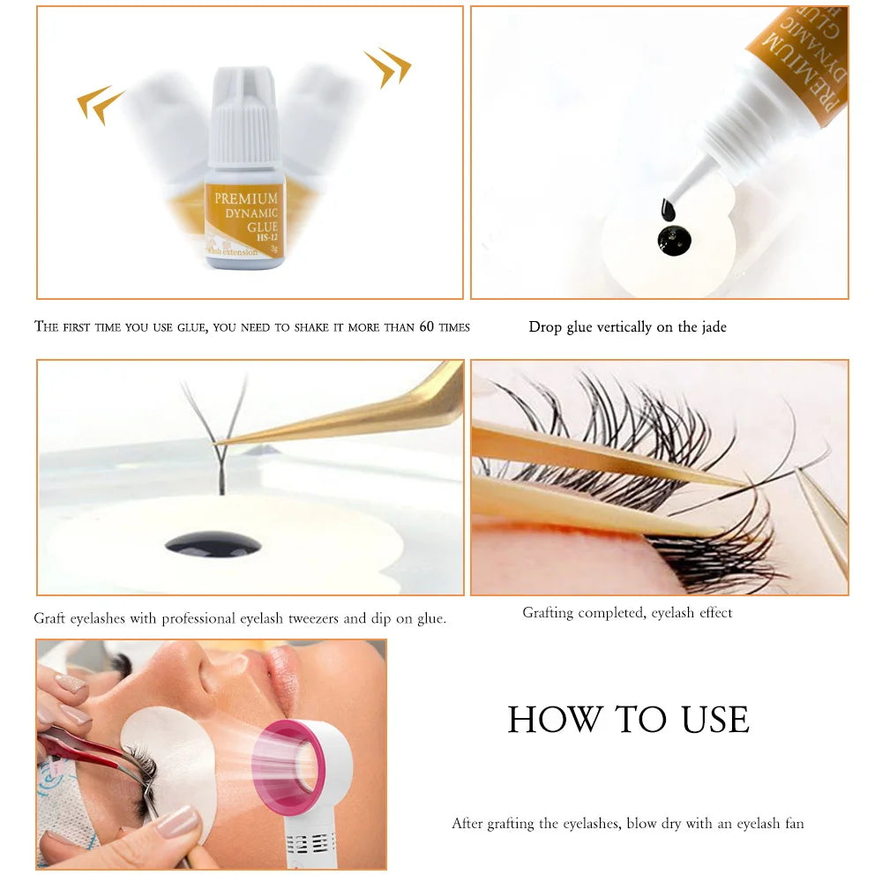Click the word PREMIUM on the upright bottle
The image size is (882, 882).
click(x=246, y=198)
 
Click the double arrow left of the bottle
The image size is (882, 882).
click(x=101, y=104)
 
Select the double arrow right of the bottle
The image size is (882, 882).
click(x=387, y=67)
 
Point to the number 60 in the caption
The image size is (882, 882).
click(x=427, y=327)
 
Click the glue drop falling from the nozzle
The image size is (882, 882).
click(x=668, y=211)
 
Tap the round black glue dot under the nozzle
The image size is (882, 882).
click(x=675, y=240)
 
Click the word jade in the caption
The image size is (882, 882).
click(x=714, y=327)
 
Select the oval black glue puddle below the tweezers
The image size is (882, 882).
click(x=213, y=544)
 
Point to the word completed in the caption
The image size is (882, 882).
click(x=611, y=613)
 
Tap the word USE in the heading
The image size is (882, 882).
click(x=715, y=720)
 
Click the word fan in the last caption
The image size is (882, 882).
click(x=795, y=824)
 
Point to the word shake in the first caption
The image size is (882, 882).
click(x=309, y=327)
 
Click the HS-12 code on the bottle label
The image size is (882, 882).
click(x=267, y=237)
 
